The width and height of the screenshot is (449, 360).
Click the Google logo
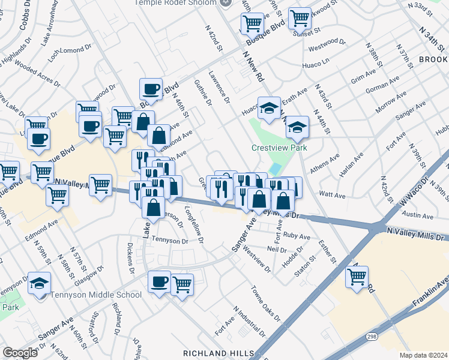(20, 353)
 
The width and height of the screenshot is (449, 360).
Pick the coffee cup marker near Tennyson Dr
(159, 281)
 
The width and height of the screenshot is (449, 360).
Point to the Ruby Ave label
(297, 236)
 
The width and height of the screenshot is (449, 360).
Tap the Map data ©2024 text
(423, 355)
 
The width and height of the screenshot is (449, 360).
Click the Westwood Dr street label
(327, 46)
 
